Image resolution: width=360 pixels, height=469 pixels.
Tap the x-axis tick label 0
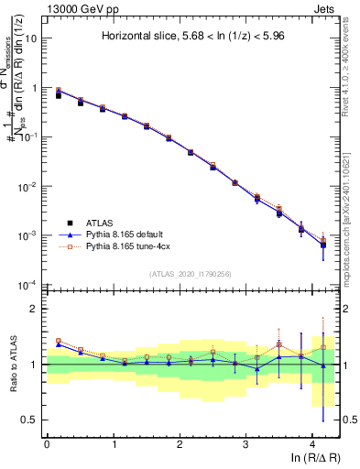tap(47, 444)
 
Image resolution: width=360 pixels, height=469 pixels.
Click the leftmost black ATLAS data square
tap(59, 95)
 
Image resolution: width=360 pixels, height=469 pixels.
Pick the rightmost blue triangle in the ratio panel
tap(322, 366)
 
